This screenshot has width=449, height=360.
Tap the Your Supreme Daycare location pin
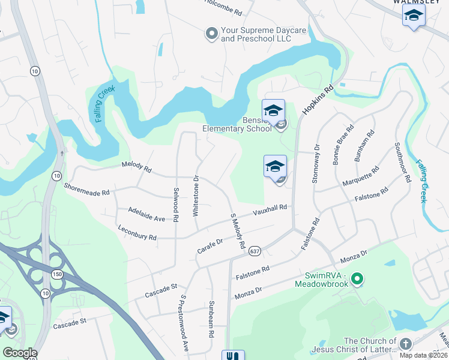coord(211,34)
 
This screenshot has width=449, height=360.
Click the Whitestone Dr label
coord(196,195)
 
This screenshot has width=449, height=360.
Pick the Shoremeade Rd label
coord(87,189)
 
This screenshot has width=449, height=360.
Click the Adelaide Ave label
coord(146,214)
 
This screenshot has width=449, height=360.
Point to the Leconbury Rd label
coord(137,234)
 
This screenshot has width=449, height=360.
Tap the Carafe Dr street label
coord(210,245)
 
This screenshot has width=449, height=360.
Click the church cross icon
coord(405,344)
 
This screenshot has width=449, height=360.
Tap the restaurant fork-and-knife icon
coord(233,355)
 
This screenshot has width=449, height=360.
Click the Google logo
coord(19,353)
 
